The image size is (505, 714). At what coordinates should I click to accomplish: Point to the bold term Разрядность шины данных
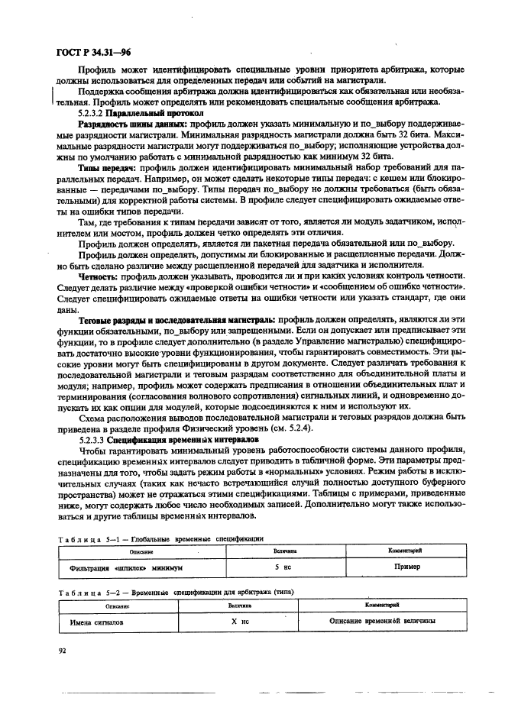click(x=134, y=124)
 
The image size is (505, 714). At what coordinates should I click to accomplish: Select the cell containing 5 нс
click(x=284, y=568)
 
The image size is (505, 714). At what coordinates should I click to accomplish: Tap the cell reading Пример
click(x=407, y=568)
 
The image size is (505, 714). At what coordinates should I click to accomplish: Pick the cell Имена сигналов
click(x=96, y=622)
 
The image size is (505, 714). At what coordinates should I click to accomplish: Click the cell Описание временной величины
click(x=383, y=622)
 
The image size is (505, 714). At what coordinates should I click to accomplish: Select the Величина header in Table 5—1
click(x=284, y=551)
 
